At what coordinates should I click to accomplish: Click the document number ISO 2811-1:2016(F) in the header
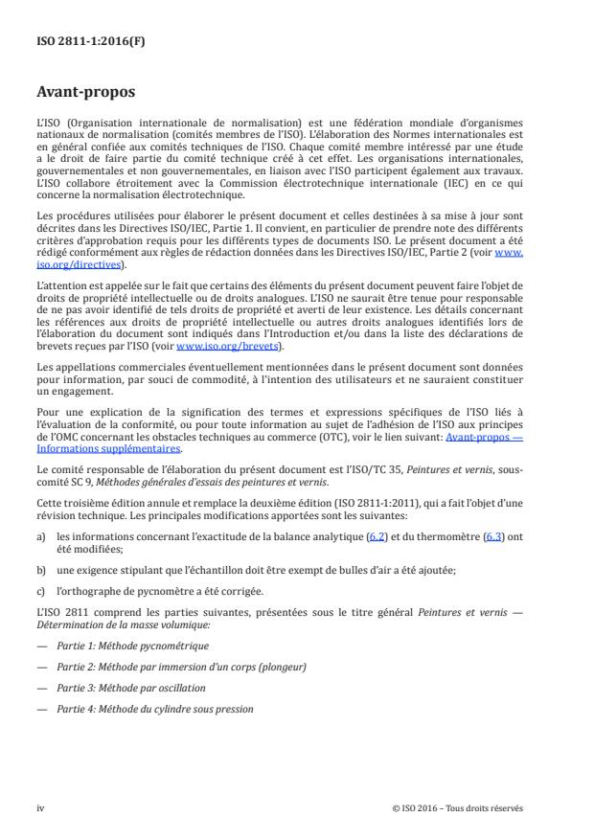pyautogui.click(x=84, y=41)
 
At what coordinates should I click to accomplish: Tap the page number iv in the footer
pyautogui.click(x=40, y=806)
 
